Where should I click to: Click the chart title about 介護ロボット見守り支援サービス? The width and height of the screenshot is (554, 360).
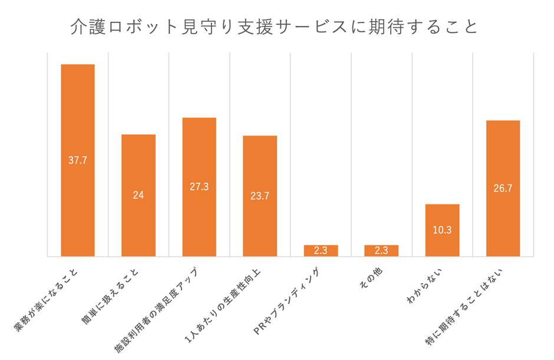275,27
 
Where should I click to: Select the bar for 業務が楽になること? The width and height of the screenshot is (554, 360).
78,118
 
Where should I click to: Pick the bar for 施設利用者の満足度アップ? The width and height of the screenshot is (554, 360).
199,153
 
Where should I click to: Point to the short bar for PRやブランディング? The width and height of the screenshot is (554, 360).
321,250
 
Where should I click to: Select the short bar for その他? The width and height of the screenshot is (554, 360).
381,250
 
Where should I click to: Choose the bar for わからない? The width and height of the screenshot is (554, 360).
442,242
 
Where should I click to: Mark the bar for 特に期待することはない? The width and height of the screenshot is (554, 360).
503,153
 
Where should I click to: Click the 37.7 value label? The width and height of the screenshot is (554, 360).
78,160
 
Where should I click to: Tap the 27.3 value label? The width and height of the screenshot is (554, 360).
199,187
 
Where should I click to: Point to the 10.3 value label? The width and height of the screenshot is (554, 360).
442,230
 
